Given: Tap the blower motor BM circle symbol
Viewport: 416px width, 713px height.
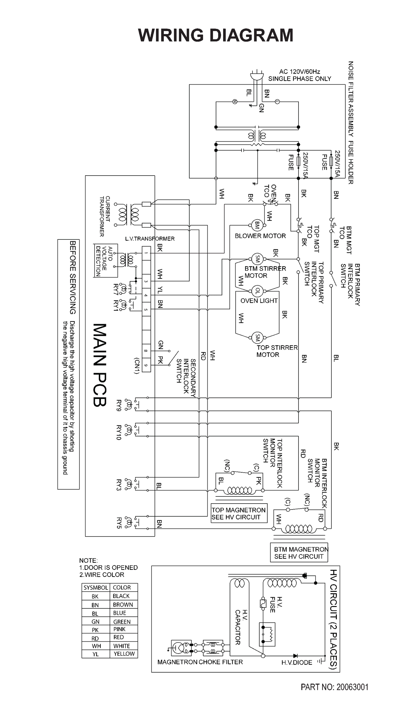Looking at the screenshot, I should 257,225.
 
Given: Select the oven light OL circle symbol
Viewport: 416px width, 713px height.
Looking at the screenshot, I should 257,291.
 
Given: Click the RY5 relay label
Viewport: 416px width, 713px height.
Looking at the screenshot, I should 119,523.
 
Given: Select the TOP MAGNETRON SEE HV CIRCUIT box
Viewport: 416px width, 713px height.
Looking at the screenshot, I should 239,513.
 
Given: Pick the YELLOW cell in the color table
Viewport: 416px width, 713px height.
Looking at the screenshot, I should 124,654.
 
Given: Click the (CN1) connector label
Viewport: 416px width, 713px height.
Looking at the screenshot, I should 137,366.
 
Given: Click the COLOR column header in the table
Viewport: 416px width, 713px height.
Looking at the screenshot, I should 122,588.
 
